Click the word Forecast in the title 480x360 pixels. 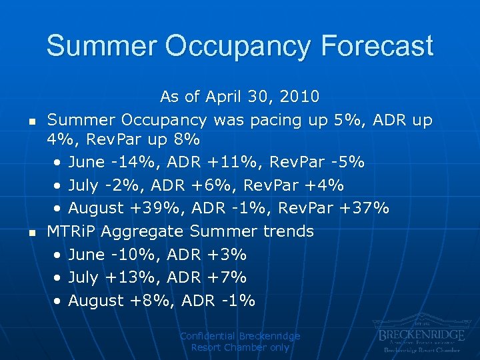pos(377,46)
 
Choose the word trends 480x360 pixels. pos(286,231)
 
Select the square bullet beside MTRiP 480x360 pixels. pos(31,233)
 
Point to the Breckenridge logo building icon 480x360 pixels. pos(420,320)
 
